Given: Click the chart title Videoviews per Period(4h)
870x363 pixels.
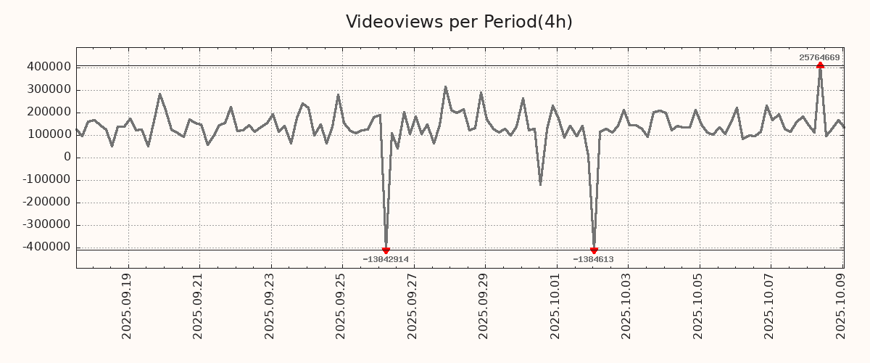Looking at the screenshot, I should point(459,22).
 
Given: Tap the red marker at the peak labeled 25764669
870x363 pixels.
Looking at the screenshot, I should point(820,65).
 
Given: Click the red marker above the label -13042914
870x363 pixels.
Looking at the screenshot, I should point(386,250).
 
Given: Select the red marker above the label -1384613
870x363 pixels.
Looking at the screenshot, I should point(594,250).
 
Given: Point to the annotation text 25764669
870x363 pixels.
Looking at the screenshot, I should point(819,57).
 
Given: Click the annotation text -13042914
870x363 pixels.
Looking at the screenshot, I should point(386,259).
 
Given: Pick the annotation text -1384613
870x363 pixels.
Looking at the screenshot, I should point(593,259).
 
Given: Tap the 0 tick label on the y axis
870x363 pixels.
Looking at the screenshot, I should point(67,157).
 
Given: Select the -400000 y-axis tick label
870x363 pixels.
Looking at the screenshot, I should point(46,247).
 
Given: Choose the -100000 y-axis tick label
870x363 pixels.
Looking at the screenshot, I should point(46,179).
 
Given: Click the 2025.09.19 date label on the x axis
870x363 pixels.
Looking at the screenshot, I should point(127,306).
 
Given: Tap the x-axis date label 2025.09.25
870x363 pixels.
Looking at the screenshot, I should point(341,306).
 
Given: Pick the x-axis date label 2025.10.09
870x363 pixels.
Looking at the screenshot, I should point(841,306).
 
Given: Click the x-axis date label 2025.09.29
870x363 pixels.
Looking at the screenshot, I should point(484,306).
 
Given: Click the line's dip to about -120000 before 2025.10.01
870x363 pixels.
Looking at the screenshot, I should point(540,184).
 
